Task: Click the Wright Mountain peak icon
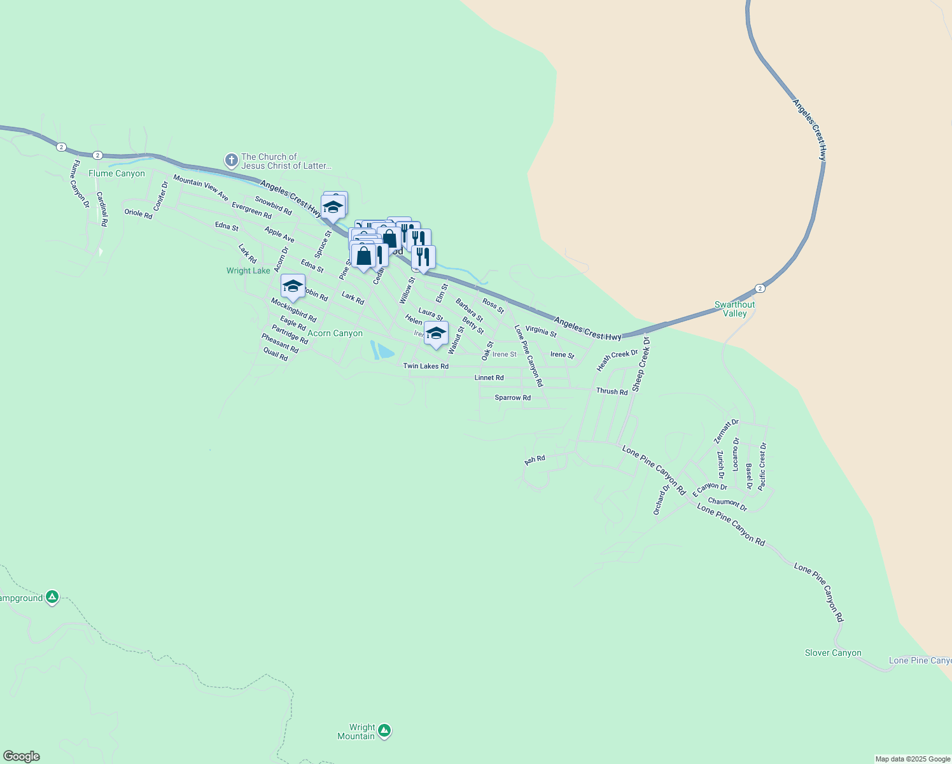point(384,731)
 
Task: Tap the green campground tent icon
point(52,597)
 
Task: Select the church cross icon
point(231,160)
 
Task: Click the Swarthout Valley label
point(734,309)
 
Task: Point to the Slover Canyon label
point(833,653)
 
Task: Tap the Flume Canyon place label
point(116,173)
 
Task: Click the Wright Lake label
point(248,271)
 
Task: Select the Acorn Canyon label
point(335,333)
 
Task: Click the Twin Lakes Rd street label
point(426,366)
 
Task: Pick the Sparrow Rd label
point(513,398)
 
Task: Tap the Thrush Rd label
point(612,392)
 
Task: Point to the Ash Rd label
point(535,460)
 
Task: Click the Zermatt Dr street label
point(726,431)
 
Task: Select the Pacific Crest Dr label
point(762,466)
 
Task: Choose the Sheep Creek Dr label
point(641,365)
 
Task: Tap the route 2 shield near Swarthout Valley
point(760,288)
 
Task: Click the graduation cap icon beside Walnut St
point(436,333)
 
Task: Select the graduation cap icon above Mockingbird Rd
point(293,285)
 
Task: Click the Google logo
point(22,756)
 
